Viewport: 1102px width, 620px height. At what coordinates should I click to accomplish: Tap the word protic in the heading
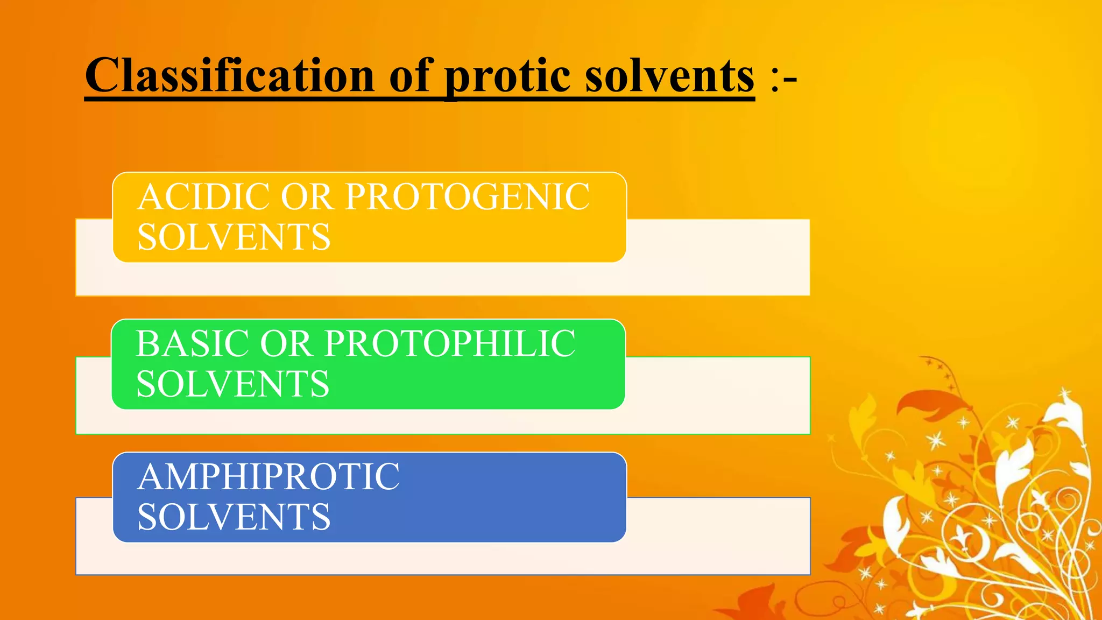pos(507,76)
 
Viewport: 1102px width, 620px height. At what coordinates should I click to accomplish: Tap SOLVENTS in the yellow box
pos(234,237)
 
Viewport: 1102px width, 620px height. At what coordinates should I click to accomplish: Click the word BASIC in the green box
pos(193,344)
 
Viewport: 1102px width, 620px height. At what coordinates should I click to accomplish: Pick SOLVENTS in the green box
pos(232,384)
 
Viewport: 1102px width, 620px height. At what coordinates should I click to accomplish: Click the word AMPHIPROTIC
pos(269,477)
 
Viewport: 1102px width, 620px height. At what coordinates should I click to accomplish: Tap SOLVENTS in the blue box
pos(234,517)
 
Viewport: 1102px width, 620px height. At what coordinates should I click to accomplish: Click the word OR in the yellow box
pos(307,197)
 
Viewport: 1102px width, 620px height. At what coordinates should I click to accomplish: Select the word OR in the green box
pos(286,344)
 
